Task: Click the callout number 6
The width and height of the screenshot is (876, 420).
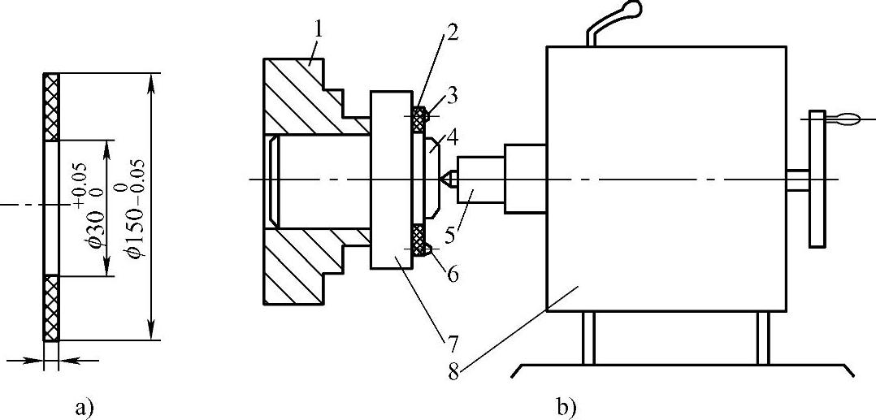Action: (x=451, y=275)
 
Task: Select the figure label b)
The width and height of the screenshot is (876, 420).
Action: (x=566, y=405)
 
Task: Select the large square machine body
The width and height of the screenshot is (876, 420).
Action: (x=666, y=179)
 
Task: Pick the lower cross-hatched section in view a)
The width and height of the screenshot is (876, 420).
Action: (x=52, y=307)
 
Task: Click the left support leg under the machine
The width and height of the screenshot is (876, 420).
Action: (x=588, y=338)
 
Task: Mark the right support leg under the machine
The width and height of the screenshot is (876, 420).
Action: (x=762, y=338)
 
